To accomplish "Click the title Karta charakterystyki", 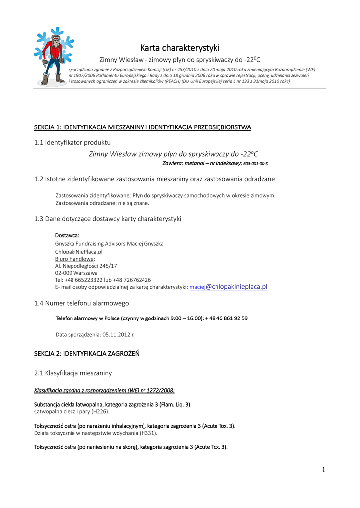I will tap(179, 48).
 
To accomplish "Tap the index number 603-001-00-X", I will tap(255, 163).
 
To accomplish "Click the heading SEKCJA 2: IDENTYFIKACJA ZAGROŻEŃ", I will tap(86, 354).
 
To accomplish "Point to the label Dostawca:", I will tap(67, 235).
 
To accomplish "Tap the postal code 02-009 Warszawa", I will tap(76, 273).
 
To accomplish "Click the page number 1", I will tap(323, 470).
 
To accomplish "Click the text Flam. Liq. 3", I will tap(175, 404).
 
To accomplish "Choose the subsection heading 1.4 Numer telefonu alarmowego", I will tap(81, 303).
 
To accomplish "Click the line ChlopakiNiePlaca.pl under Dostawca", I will tap(78, 252).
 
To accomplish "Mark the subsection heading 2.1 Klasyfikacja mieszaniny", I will tap(73, 373).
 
